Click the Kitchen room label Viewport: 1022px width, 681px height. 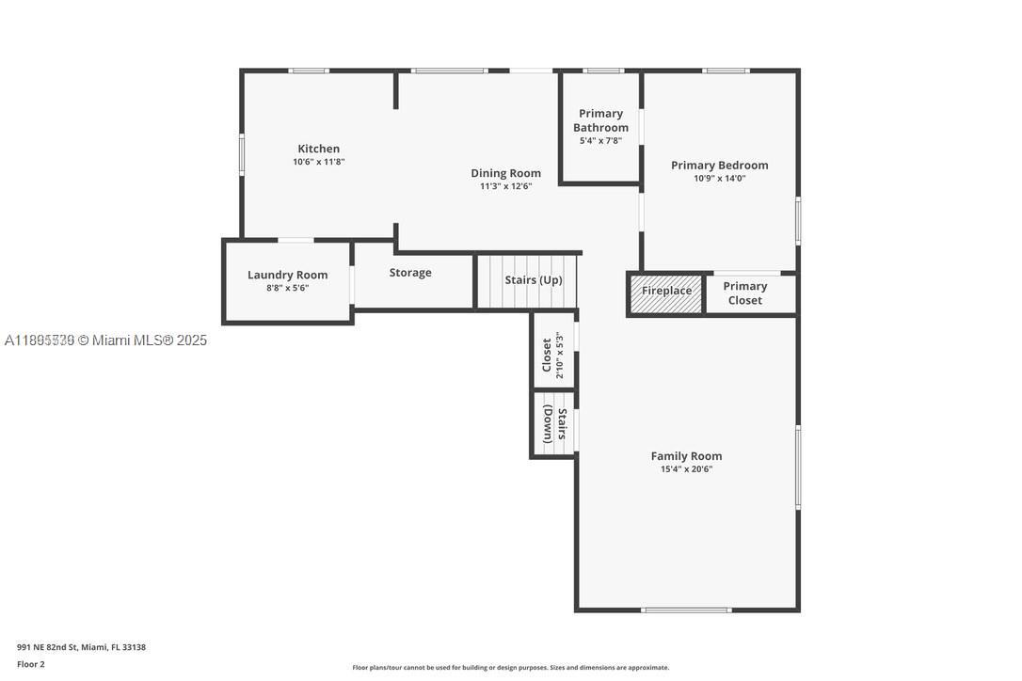click(318, 149)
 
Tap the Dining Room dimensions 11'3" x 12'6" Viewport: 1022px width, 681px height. click(505, 186)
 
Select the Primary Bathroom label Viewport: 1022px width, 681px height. click(600, 120)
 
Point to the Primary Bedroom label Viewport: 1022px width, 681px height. click(719, 165)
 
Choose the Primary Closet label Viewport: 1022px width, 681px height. click(744, 293)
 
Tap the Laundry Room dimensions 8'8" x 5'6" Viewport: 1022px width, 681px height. click(287, 288)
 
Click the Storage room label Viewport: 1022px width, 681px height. click(410, 273)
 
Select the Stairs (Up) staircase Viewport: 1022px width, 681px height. click(527, 280)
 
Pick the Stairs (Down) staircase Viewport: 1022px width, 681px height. click(554, 424)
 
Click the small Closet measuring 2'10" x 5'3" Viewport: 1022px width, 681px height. click(552, 356)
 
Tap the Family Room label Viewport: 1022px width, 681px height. click(686, 456)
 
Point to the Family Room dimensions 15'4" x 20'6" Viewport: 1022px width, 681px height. click(686, 468)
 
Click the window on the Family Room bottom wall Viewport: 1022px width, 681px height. click(685, 610)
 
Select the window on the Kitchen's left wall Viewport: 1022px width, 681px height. click(242, 154)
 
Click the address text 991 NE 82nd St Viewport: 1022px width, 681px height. click(81, 647)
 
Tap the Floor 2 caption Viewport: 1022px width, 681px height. click(30, 664)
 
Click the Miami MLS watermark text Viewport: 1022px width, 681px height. click(105, 340)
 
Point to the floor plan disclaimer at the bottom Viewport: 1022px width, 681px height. click(510, 668)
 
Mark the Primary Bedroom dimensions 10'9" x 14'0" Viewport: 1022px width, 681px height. click(719, 178)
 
